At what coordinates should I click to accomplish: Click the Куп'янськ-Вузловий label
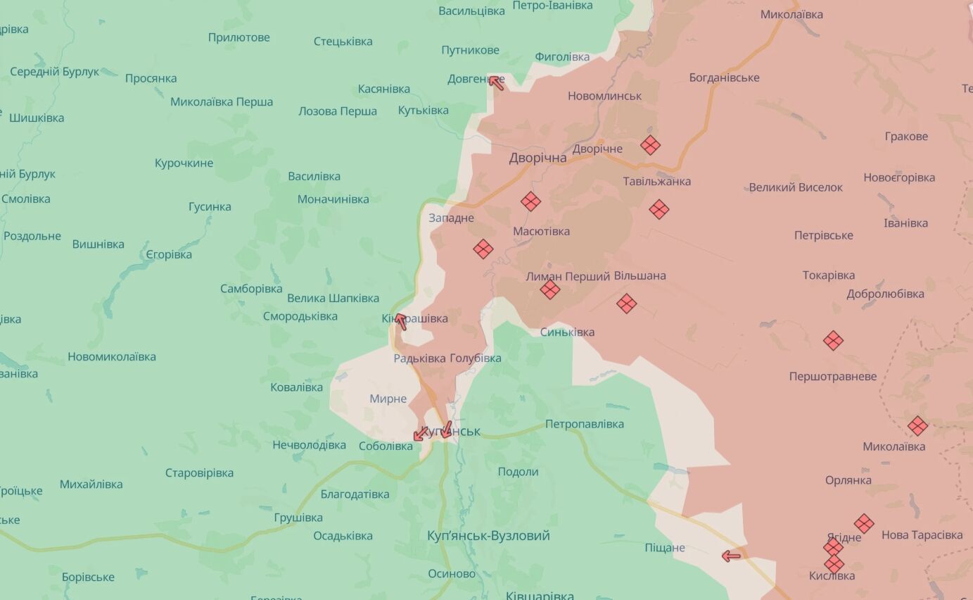pyautogui.click(x=488, y=536)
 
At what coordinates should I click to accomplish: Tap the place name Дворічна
pyautogui.click(x=538, y=158)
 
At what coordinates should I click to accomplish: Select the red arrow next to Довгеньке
pyautogui.click(x=496, y=82)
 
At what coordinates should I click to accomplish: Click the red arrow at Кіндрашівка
pyautogui.click(x=400, y=321)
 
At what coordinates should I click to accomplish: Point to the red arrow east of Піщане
pyautogui.click(x=731, y=556)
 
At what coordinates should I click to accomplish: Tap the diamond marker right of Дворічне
pyautogui.click(x=650, y=145)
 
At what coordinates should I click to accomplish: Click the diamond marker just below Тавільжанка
pyautogui.click(x=659, y=209)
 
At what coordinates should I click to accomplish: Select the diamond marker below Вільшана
pyautogui.click(x=626, y=304)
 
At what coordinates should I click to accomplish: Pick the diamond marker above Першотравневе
pyautogui.click(x=833, y=341)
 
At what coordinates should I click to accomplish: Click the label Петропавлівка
pyautogui.click(x=584, y=424)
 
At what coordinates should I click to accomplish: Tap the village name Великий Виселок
pyautogui.click(x=795, y=187)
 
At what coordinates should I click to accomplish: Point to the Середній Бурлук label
pyautogui.click(x=54, y=72)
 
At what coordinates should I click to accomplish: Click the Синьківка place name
pyautogui.click(x=567, y=332)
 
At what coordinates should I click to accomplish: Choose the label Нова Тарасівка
pyautogui.click(x=922, y=535)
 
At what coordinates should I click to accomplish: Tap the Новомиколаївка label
pyautogui.click(x=112, y=356)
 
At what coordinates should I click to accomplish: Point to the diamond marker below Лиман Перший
pyautogui.click(x=550, y=289)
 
